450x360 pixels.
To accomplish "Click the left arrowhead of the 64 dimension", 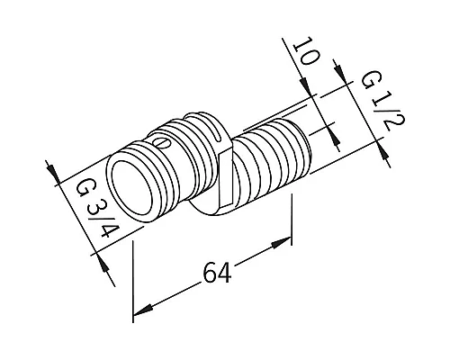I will point(139,311).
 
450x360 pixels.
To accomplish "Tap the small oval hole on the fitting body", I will point(161,142).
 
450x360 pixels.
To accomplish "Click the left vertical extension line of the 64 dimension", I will point(133,270).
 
